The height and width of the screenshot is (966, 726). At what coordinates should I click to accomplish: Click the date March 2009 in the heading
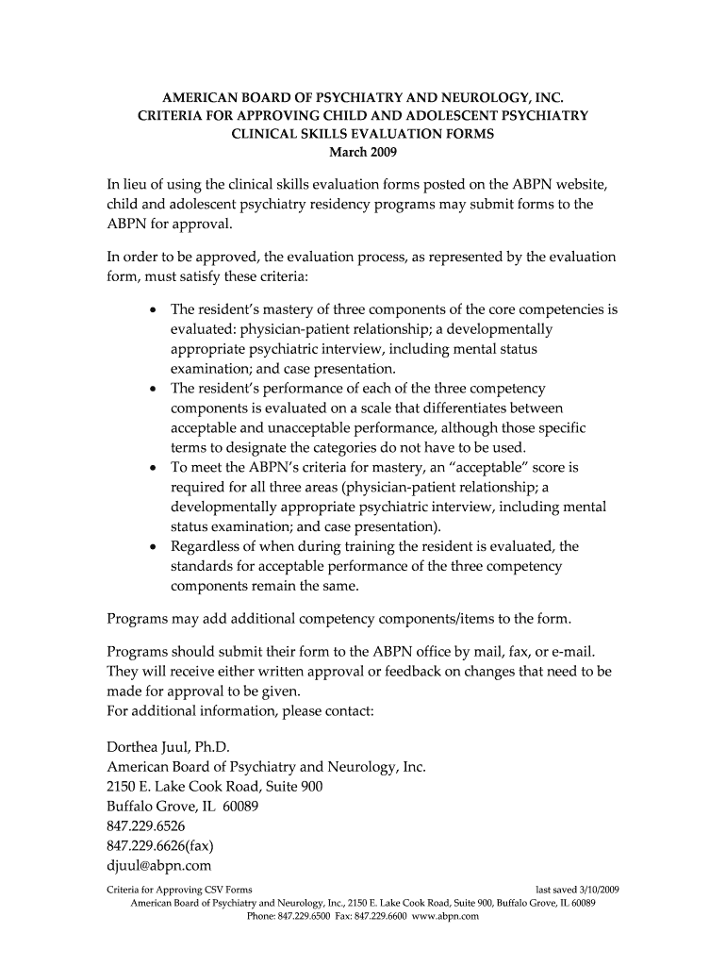click(x=363, y=152)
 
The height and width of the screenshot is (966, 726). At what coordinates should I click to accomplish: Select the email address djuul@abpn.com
click(x=158, y=864)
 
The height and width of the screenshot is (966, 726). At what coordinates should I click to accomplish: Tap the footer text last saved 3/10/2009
click(x=577, y=890)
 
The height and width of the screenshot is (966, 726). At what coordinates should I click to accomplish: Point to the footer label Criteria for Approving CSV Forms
click(x=178, y=890)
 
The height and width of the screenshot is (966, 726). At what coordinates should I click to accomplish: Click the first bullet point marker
click(x=152, y=310)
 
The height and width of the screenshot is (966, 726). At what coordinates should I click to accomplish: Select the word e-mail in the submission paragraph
click(x=569, y=652)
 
